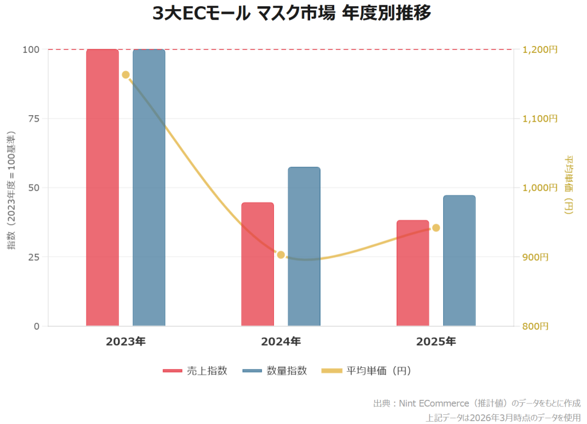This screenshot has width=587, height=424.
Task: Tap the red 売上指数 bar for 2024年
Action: click(257, 264)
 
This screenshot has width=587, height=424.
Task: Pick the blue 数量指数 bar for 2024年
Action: click(304, 246)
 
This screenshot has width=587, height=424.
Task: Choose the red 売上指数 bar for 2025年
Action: click(413, 273)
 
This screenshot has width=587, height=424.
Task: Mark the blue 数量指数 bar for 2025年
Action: click(459, 261)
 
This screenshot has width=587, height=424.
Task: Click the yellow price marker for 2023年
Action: click(126, 75)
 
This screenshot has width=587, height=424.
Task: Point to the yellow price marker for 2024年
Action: click(281, 255)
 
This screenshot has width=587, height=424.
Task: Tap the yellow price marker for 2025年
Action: click(436, 228)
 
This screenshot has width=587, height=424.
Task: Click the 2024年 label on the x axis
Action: click(281, 342)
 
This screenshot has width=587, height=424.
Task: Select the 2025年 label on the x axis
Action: click(436, 342)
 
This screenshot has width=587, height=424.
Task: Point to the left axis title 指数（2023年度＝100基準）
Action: click(11, 189)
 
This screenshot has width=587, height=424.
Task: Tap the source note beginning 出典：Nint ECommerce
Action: click(476, 403)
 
